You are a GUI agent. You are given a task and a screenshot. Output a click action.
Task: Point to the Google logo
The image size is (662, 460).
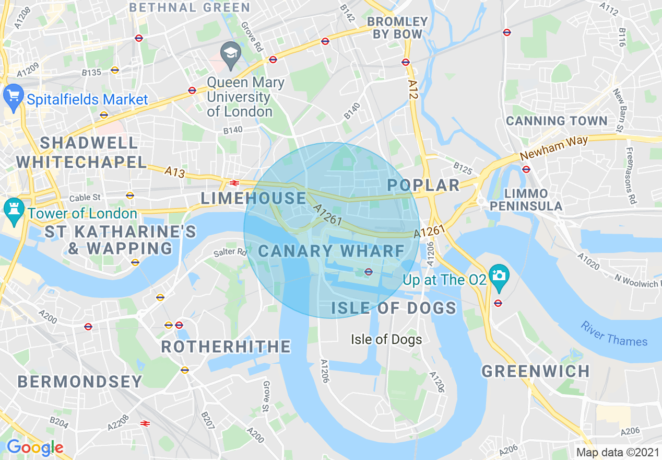pos(34,447)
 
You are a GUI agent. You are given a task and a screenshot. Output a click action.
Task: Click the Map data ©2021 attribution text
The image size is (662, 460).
pos(617,452)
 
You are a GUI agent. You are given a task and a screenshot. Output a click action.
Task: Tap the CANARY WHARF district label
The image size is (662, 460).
pos(332,251)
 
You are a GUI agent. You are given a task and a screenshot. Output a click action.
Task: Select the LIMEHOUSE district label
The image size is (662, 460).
pos(254,198)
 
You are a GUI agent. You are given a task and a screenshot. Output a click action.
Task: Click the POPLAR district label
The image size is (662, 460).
pos(423,185)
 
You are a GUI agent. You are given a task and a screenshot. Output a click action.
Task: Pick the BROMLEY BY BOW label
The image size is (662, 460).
pos(397,28)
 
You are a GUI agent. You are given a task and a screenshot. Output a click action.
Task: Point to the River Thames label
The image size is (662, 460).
pos(614,334)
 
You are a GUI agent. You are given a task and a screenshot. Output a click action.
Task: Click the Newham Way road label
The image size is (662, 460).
pos(554,148)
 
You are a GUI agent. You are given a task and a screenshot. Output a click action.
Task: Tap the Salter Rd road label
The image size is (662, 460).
pos(230,252)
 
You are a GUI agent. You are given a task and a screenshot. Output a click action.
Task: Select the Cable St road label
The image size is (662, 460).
pos(85,198)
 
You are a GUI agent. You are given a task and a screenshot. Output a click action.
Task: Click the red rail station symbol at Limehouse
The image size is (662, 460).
pos(234,183)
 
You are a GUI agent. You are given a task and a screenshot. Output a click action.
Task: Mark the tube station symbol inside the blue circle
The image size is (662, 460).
pos(368,271)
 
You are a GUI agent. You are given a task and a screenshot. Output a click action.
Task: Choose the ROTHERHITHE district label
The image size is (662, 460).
pos(226,346)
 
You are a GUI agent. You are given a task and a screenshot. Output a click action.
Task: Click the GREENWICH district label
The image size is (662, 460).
pos(535,371)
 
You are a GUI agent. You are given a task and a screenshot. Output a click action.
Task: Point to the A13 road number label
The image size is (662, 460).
pos(174,172)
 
